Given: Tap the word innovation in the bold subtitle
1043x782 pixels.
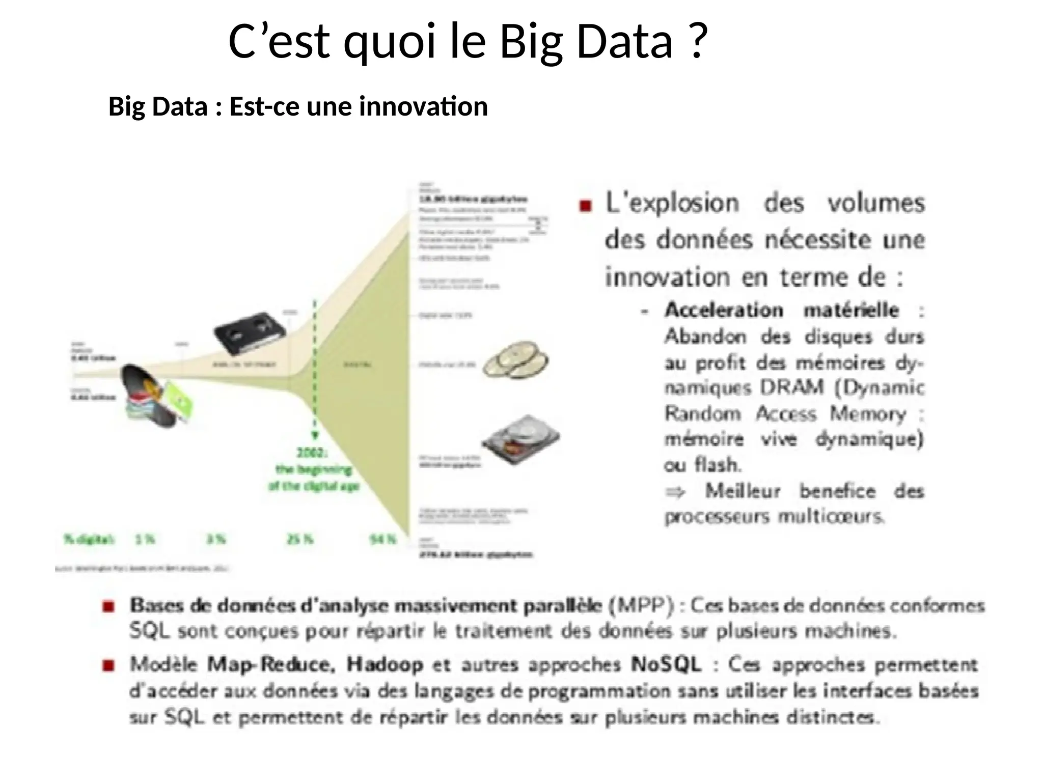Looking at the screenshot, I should point(423,107).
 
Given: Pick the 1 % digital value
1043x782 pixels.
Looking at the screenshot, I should point(145,539).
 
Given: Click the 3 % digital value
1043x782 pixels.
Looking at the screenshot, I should point(215,539).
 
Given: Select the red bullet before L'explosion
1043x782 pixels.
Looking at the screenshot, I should point(586,206).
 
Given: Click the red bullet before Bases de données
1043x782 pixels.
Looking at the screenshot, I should point(108,606).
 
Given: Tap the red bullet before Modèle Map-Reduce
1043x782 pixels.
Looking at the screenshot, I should point(108,665).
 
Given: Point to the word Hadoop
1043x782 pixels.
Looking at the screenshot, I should point(385,665).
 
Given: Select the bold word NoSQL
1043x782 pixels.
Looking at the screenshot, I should point(666,665).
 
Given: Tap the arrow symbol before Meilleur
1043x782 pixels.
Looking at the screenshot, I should point(675,492).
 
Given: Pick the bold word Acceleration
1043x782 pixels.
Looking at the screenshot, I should point(723,310).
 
